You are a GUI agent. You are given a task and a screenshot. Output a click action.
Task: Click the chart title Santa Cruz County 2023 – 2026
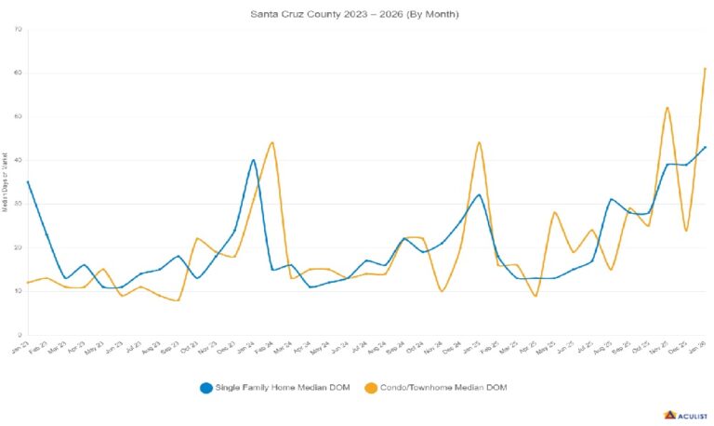click(x=355, y=15)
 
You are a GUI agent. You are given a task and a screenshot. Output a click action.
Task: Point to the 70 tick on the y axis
click(x=19, y=29)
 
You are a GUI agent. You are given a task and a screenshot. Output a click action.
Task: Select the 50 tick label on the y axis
click(x=19, y=116)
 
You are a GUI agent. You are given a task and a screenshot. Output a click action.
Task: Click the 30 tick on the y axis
click(x=19, y=204)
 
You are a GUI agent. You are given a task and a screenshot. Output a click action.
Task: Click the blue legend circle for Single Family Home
click(x=207, y=387)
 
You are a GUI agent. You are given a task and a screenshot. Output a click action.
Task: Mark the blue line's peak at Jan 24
click(x=254, y=160)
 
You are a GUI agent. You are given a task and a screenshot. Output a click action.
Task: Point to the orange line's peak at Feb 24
click(x=271, y=142)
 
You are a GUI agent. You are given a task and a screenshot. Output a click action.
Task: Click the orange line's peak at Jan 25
click(x=479, y=142)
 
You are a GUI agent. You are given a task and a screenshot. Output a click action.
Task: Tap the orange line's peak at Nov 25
click(x=668, y=107)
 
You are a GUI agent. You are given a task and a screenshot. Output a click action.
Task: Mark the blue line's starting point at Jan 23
click(x=29, y=181)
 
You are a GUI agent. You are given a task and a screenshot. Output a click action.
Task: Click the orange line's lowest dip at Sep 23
click(x=177, y=300)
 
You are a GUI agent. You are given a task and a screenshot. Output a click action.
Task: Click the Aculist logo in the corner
click(x=686, y=415)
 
